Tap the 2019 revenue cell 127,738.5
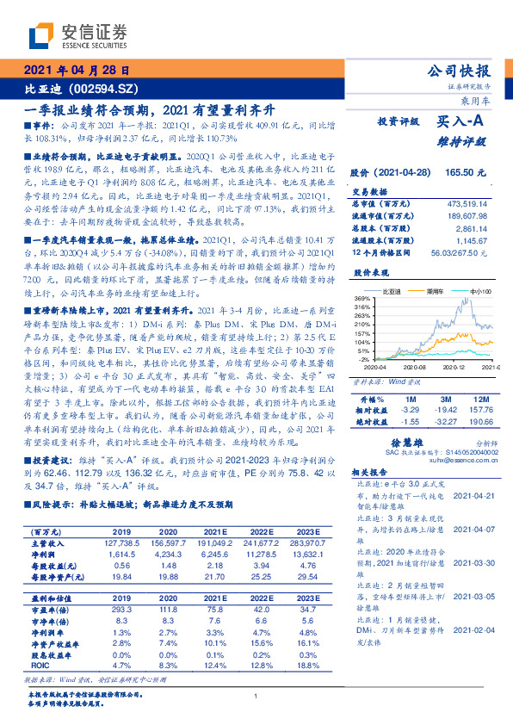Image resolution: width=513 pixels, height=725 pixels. coord(122,544)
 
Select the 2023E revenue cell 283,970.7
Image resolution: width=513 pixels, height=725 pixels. coord(315,544)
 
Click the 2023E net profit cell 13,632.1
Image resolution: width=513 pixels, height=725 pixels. coord(317,555)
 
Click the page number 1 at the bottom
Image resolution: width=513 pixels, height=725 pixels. coord(256,697)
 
